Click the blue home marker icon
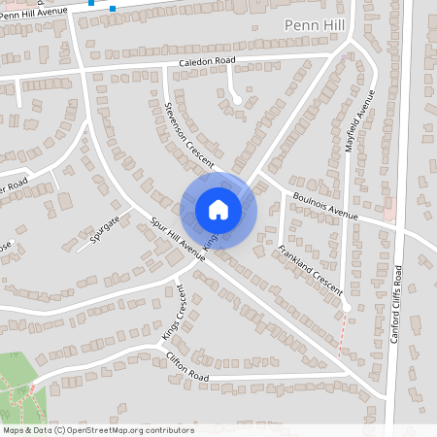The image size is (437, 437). tap(218, 209)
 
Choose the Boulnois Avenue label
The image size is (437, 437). tap(325, 205)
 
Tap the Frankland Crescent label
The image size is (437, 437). tap(310, 271)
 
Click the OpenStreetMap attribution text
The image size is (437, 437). tap(97, 430)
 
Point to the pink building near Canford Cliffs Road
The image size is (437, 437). tap(390, 211)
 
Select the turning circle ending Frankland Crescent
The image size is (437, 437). tap(347, 309)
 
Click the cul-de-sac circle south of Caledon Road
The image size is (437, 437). tap(237, 99)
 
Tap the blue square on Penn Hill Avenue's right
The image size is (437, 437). tap(113, 9)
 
